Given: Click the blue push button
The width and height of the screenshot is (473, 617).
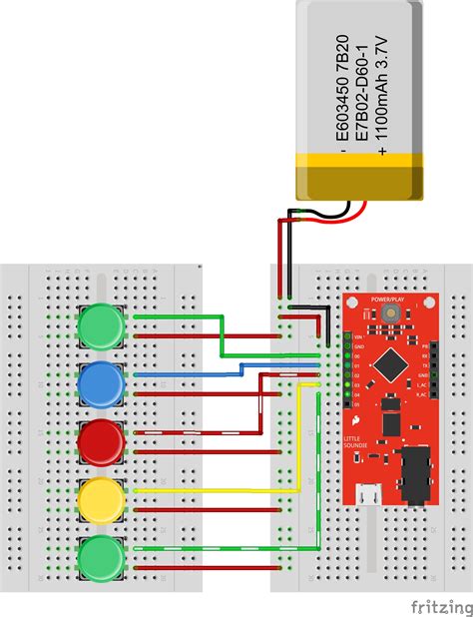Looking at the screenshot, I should tap(100, 384).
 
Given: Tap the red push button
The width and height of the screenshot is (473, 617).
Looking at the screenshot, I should tap(100, 442).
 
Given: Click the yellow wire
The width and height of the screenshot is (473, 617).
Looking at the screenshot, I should tap(220, 490).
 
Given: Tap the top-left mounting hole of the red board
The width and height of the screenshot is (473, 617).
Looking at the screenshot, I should tap(351, 300).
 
